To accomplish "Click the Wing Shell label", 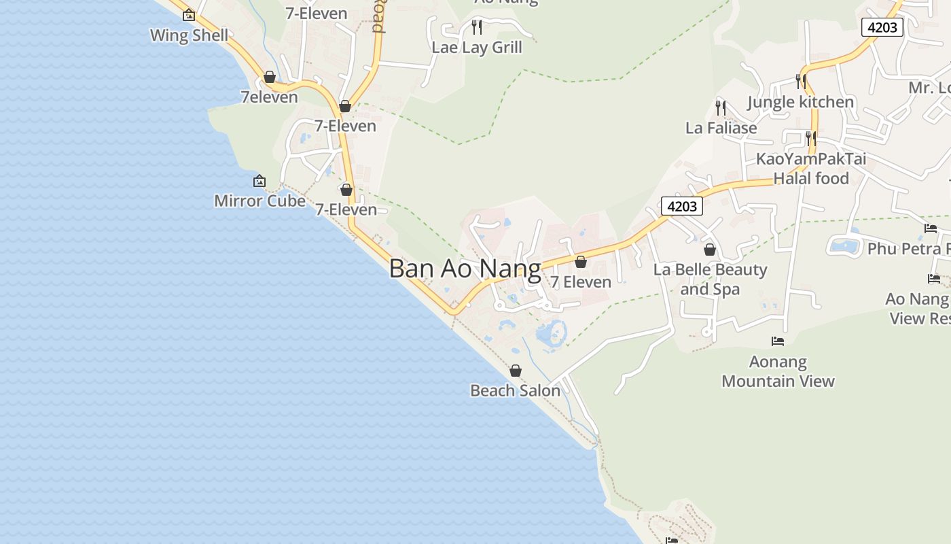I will coord(189,35).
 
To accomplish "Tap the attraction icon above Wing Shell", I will coord(189,15).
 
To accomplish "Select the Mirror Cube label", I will coord(259,201).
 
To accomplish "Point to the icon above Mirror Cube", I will coord(259,181).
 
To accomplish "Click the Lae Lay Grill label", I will coord(477,48).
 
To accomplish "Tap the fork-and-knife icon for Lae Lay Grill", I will coord(477,27).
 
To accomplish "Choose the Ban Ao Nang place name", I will coord(465,269).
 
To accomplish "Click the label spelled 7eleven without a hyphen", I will coord(269,97).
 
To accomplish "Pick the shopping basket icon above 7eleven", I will coord(270,78).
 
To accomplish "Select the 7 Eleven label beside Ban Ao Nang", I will coord(581,282).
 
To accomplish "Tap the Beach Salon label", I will coord(515,390).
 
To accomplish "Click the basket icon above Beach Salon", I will coord(516,371).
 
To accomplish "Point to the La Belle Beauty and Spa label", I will coord(710,279).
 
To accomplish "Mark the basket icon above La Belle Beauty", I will coord(710,250).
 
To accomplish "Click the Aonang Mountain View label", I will coord(778,371).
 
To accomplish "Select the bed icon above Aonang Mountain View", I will coord(778,341).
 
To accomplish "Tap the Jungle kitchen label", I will coord(800,102).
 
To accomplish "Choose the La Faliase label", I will coord(721,128).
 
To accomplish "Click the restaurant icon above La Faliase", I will coord(721,107).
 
